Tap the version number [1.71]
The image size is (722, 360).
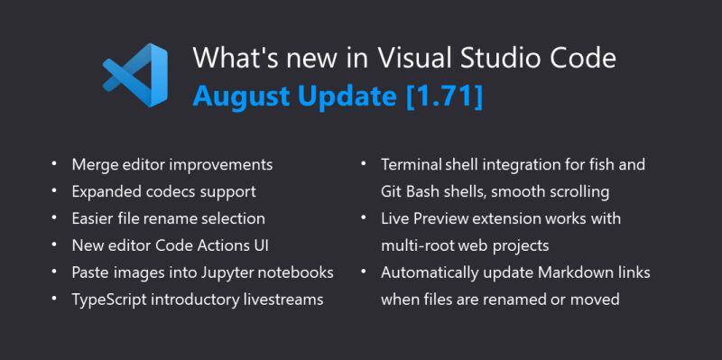(444, 97)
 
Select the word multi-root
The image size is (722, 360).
(422, 245)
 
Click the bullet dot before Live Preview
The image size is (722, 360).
(362, 218)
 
